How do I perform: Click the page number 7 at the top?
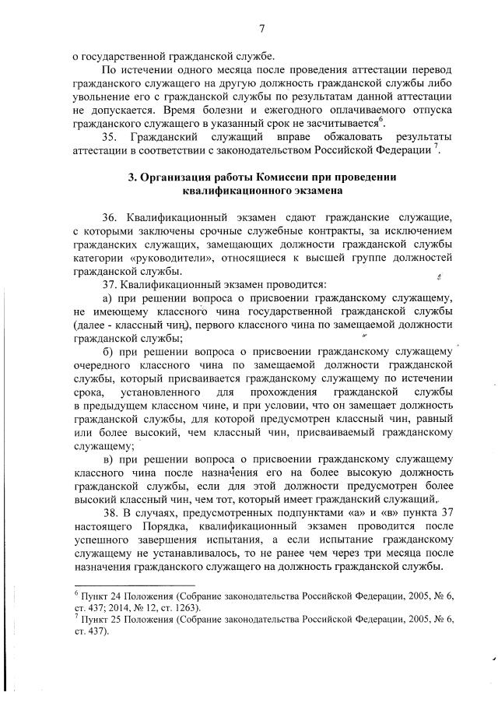[262, 29]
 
